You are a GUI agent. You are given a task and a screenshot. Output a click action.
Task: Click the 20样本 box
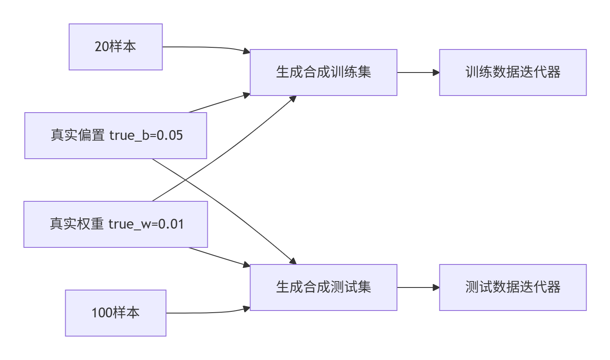116,47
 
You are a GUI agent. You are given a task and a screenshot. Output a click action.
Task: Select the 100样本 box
116,313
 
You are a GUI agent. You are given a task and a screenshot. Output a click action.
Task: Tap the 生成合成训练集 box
323,73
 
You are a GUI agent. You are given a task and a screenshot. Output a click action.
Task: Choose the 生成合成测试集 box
323,287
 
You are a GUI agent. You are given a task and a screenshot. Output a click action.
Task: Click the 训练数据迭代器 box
513,73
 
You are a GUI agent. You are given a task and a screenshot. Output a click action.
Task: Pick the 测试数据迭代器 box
513,287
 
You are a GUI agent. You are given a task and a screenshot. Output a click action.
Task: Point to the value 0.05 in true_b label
170,136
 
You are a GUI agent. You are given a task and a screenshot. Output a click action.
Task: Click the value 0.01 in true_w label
171,224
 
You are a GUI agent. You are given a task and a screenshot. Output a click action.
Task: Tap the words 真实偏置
78,136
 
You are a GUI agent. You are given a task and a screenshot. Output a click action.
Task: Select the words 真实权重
77,224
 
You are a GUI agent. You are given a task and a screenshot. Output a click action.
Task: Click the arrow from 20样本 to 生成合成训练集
205,47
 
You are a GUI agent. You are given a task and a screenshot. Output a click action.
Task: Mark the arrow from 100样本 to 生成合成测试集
205,313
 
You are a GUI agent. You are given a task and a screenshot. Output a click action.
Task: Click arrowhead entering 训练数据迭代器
436,73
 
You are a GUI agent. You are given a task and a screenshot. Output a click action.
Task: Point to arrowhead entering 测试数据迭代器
436,287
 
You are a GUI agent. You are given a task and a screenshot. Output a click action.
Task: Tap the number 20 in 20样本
102,47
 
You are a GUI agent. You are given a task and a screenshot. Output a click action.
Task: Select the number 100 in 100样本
102,313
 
